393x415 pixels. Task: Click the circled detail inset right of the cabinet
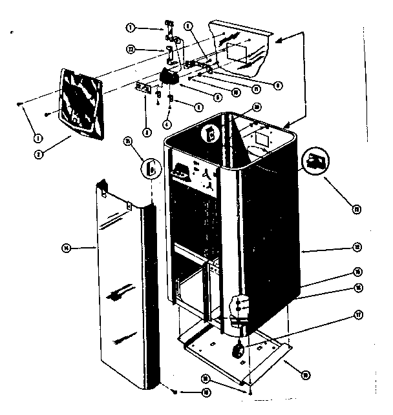tap(316, 159)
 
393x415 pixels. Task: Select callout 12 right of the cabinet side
tap(356, 246)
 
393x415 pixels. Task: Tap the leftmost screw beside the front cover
tap(21, 104)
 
